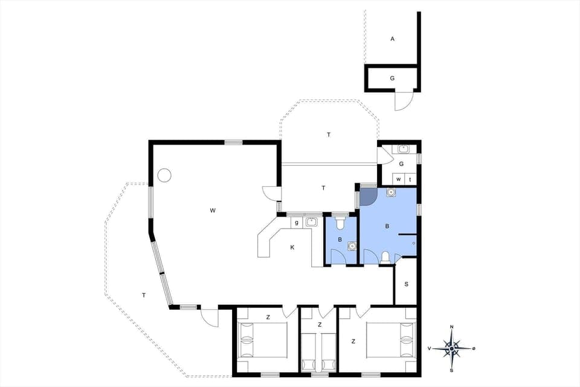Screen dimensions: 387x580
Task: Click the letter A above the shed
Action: pyautogui.click(x=393, y=39)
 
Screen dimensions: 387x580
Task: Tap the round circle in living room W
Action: pyautogui.click(x=164, y=176)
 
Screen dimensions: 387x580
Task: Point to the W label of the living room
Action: pyautogui.click(x=213, y=210)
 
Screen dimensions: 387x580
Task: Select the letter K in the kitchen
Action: pyautogui.click(x=292, y=247)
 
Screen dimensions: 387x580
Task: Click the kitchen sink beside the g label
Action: pyautogui.click(x=312, y=222)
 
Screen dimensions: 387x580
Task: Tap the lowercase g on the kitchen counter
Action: pyautogui.click(x=297, y=223)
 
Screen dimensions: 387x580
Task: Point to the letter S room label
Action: pyautogui.click(x=406, y=284)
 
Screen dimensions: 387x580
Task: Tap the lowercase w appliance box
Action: pyautogui.click(x=399, y=180)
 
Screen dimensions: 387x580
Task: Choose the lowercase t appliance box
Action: pyautogui.click(x=410, y=180)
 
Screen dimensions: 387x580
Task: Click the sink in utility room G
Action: pyautogui.click(x=404, y=149)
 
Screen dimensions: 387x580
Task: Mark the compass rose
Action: pyautogui.click(x=452, y=348)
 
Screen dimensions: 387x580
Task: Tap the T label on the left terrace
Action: pyautogui.click(x=143, y=295)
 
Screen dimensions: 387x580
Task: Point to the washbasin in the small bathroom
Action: pyautogui.click(x=352, y=246)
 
